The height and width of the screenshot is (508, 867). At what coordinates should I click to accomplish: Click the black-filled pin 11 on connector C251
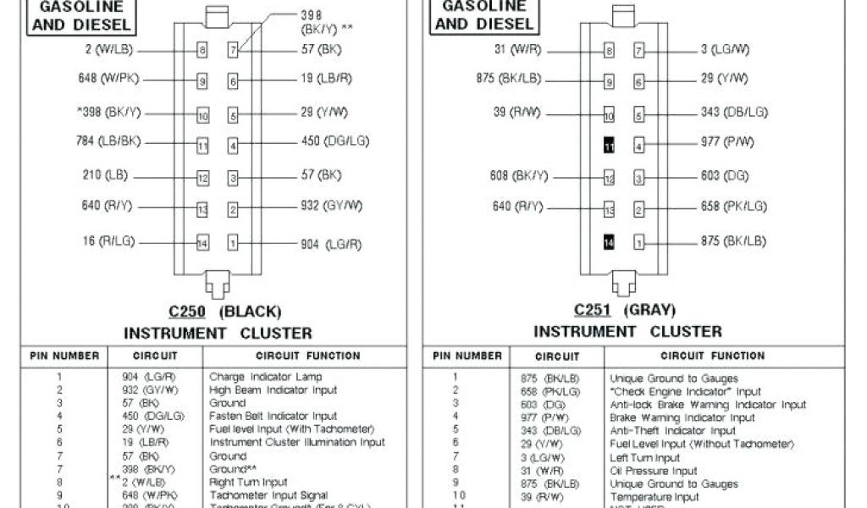coord(609,146)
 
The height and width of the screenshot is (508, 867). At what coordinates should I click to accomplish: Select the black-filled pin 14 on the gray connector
coord(609,243)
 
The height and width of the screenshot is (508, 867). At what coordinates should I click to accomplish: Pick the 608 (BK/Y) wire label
coord(519,176)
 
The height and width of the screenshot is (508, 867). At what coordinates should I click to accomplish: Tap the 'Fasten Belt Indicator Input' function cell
coord(273,416)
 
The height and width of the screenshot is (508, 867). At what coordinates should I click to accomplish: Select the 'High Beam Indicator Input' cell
coord(273,390)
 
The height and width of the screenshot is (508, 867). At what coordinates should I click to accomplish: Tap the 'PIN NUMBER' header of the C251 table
coord(467,356)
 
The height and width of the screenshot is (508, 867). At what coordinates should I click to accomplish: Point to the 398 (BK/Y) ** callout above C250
coord(327,21)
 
